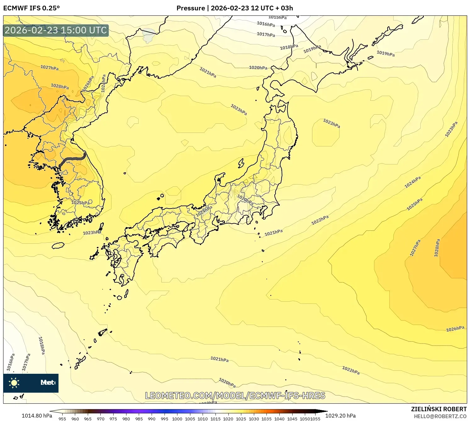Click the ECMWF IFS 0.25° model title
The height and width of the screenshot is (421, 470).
click(x=31, y=8)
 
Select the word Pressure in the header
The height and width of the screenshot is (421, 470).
click(x=191, y=8)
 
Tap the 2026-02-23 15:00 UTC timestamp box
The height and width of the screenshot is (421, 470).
click(x=56, y=30)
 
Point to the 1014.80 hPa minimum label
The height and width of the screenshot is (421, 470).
click(x=37, y=416)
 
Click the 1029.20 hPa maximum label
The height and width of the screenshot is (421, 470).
click(x=340, y=416)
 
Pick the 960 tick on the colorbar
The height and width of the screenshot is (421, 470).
click(x=75, y=419)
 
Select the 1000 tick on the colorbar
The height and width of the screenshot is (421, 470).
click(x=177, y=419)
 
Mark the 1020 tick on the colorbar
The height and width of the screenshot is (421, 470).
click(x=228, y=419)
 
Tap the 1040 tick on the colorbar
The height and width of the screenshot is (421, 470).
click(x=279, y=419)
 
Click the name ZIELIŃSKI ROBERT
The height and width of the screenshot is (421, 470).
click(x=439, y=409)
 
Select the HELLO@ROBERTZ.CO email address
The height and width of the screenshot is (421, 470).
click(x=440, y=416)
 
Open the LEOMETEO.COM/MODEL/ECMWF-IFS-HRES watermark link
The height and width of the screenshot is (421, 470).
click(x=235, y=395)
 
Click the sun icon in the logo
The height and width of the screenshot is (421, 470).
click(x=14, y=383)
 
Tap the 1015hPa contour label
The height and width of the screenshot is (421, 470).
click(x=277, y=17)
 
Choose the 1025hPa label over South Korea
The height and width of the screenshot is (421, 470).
click(x=81, y=203)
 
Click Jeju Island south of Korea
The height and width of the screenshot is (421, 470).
click(x=58, y=245)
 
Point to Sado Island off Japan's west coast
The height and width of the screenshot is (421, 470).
click(x=241, y=163)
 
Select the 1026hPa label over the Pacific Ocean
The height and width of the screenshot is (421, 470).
click(x=455, y=329)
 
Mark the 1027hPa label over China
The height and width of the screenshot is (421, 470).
click(x=49, y=67)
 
